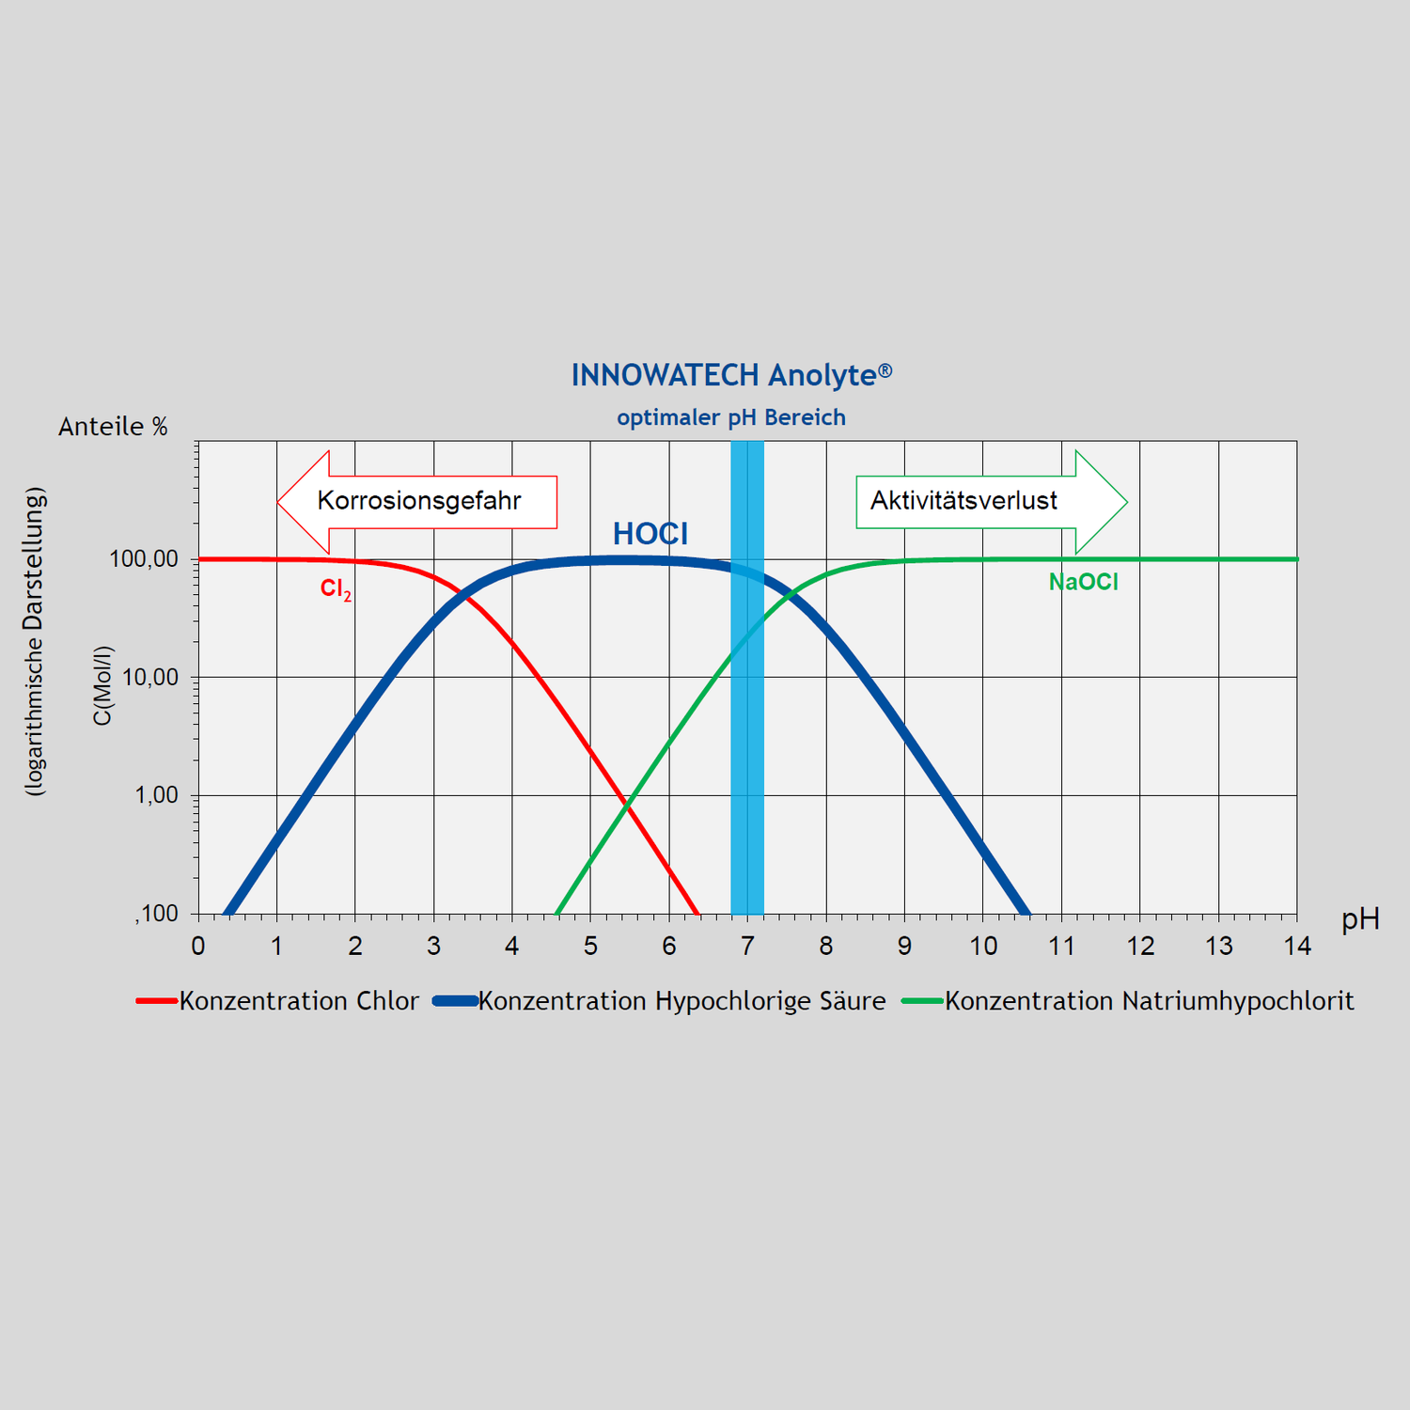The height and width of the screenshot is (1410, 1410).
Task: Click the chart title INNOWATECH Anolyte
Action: point(731,375)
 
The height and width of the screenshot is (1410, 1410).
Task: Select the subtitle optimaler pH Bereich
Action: point(731,417)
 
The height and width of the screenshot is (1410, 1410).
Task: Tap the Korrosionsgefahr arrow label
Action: point(419,500)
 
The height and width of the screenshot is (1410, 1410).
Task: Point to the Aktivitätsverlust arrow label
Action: point(963,500)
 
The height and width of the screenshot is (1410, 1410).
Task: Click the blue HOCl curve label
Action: point(650,534)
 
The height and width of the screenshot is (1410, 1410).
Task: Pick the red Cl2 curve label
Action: point(336,589)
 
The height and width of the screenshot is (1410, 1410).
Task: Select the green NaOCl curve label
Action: point(1083,582)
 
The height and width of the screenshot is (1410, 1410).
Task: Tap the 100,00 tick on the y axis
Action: point(144,559)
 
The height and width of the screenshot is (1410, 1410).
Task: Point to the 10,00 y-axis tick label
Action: point(149,678)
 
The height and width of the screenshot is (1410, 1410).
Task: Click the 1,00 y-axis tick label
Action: point(156,795)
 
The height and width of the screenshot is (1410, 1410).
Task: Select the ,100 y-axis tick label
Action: point(156,914)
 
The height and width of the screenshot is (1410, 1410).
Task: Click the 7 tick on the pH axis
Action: point(747,946)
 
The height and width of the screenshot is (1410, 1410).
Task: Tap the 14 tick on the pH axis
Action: point(1297,946)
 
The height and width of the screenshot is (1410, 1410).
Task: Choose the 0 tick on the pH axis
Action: point(198,946)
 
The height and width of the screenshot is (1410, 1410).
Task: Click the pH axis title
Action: point(1360,919)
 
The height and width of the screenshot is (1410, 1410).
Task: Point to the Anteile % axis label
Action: point(113,427)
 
